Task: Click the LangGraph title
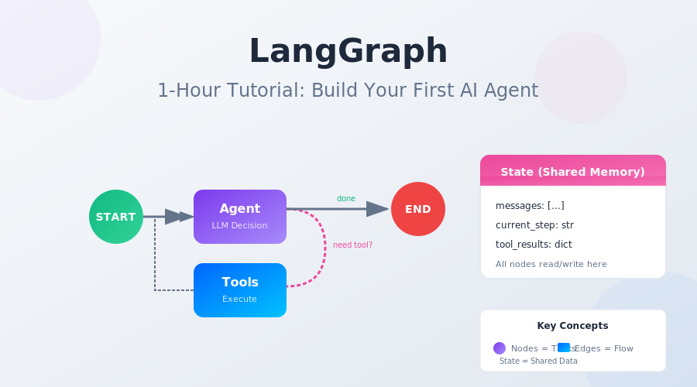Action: click(348, 52)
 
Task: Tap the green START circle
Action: click(116, 217)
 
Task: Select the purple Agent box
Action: click(240, 217)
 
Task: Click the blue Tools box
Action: click(240, 290)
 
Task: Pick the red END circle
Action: click(418, 209)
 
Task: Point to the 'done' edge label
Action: click(346, 199)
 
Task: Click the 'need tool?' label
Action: click(352, 245)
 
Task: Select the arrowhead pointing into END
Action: click(377, 209)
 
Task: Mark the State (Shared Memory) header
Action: click(572, 172)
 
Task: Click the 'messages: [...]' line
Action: click(530, 206)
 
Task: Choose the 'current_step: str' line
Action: click(534, 225)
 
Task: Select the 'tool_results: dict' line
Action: click(534, 245)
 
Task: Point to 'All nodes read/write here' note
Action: click(551, 264)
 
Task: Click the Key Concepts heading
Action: click(572, 326)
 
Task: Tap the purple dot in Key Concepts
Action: click(500, 348)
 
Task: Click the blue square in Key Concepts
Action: click(564, 348)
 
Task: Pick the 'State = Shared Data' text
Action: click(538, 361)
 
